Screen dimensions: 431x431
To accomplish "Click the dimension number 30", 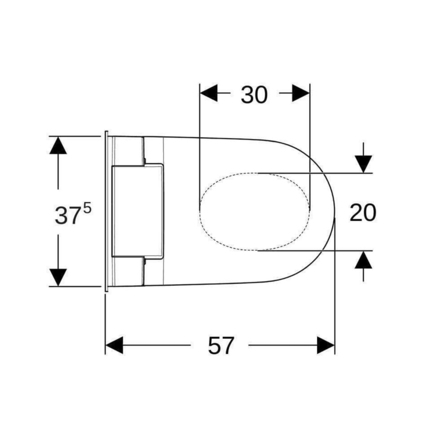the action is (x=254, y=94).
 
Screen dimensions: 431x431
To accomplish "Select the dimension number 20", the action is (x=363, y=213).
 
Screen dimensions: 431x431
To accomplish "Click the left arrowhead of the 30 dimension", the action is (x=209, y=93).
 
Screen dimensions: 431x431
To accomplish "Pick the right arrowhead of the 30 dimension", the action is (x=301, y=93).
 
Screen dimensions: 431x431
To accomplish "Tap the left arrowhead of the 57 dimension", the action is (x=114, y=345).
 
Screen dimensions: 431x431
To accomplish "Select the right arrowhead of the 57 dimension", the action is (x=326, y=345).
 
